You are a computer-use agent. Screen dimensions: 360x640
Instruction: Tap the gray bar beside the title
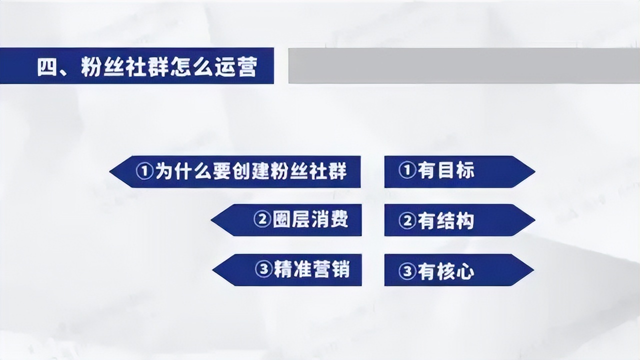coord(463,65)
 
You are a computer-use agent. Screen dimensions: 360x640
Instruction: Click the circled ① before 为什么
coord(144,171)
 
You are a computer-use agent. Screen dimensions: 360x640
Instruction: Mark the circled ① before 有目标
coord(408,171)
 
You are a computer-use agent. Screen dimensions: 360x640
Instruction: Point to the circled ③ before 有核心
coord(408,271)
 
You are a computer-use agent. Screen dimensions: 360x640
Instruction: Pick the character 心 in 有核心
coord(465,271)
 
